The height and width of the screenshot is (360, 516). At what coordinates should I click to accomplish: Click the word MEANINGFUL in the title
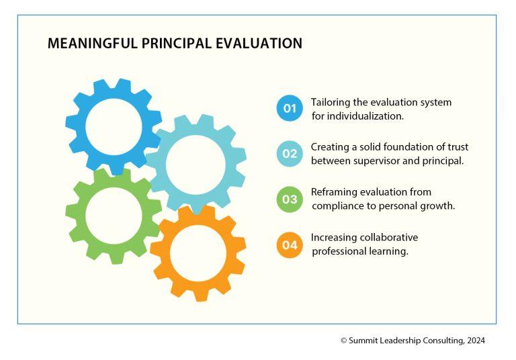pos(93,44)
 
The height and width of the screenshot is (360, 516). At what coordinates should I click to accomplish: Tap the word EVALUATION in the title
pos(259,44)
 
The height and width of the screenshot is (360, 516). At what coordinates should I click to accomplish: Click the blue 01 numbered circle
pos(290,108)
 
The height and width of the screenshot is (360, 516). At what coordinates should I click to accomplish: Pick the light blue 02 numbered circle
pos(290,154)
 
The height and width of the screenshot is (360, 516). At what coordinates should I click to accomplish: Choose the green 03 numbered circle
pos(290,199)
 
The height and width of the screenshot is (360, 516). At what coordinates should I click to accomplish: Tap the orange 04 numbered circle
pos(290,245)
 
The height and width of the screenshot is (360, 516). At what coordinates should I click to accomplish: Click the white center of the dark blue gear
pos(114,127)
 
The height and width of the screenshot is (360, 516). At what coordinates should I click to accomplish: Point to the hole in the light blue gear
pos(196,164)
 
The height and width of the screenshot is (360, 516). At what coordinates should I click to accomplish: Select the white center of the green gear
pos(114,216)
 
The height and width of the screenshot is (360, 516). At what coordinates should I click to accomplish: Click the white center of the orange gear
pos(198,253)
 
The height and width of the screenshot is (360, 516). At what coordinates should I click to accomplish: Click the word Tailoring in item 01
pos(331,103)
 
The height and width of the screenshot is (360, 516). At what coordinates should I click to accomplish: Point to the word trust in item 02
pos(458,147)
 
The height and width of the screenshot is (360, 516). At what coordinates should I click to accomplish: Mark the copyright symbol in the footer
pos(344,341)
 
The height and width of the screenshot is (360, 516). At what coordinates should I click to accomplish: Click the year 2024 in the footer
pos(476,341)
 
